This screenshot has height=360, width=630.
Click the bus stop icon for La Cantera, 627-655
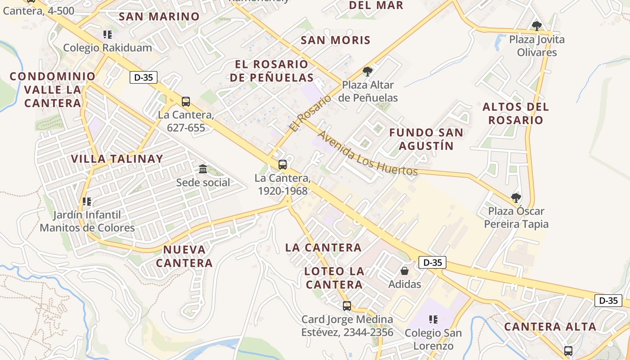(x=186, y=102)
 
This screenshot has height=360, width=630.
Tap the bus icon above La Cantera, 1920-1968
(x=283, y=165)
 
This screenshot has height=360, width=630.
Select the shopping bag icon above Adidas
(x=405, y=271)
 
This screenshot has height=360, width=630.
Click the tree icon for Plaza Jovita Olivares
(x=536, y=26)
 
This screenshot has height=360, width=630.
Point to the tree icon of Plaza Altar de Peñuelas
(x=368, y=72)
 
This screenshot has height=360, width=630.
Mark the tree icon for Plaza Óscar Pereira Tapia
(x=516, y=198)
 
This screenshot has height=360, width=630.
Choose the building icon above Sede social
(x=203, y=169)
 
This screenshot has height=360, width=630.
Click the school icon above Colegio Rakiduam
(x=107, y=35)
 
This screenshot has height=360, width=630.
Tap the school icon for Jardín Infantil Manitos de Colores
(x=87, y=202)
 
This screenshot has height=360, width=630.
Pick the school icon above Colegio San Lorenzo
(x=433, y=319)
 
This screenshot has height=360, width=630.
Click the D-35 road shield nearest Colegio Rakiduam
(x=144, y=77)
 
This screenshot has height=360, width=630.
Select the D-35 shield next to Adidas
(x=432, y=262)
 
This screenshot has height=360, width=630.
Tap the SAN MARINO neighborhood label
(x=159, y=17)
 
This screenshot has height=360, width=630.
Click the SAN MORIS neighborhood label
(x=335, y=40)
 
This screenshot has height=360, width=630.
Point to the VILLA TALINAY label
(x=117, y=159)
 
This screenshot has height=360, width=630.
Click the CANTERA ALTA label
(x=550, y=327)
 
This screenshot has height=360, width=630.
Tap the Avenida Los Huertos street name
(x=368, y=153)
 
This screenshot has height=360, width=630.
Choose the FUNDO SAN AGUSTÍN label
(x=426, y=139)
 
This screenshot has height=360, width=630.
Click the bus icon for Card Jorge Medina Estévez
(x=346, y=306)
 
